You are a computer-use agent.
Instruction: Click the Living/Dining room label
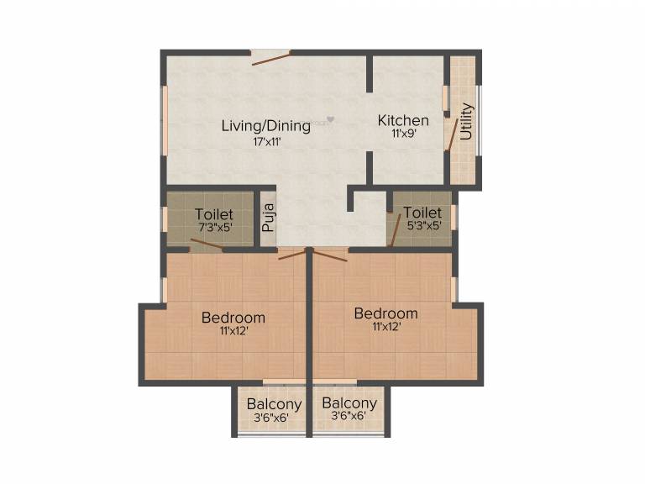(x=265, y=126)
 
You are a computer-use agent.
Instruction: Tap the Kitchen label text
(x=403, y=120)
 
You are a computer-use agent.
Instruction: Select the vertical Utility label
(x=467, y=121)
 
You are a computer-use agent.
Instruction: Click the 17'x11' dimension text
(x=266, y=141)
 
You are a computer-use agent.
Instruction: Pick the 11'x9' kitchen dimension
(x=403, y=133)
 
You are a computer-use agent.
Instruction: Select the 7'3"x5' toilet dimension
(x=213, y=227)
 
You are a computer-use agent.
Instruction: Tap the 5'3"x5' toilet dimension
(x=422, y=226)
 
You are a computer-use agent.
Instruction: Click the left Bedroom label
(x=233, y=318)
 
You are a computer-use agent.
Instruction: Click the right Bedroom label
(x=385, y=313)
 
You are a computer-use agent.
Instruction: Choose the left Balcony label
(x=274, y=404)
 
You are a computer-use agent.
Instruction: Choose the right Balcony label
(x=349, y=403)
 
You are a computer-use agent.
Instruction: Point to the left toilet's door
(x=207, y=245)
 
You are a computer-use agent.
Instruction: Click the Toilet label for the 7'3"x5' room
(x=214, y=214)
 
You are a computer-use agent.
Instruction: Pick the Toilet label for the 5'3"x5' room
(x=422, y=213)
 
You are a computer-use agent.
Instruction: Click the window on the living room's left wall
(x=165, y=118)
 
